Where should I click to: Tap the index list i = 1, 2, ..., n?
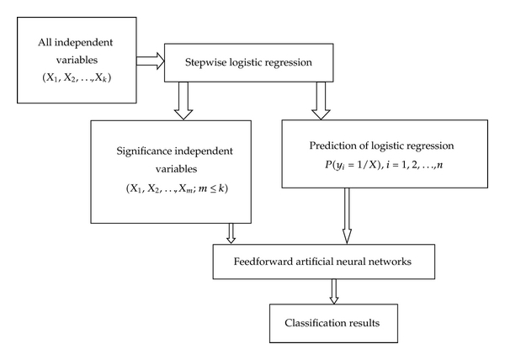pos(414,166)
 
